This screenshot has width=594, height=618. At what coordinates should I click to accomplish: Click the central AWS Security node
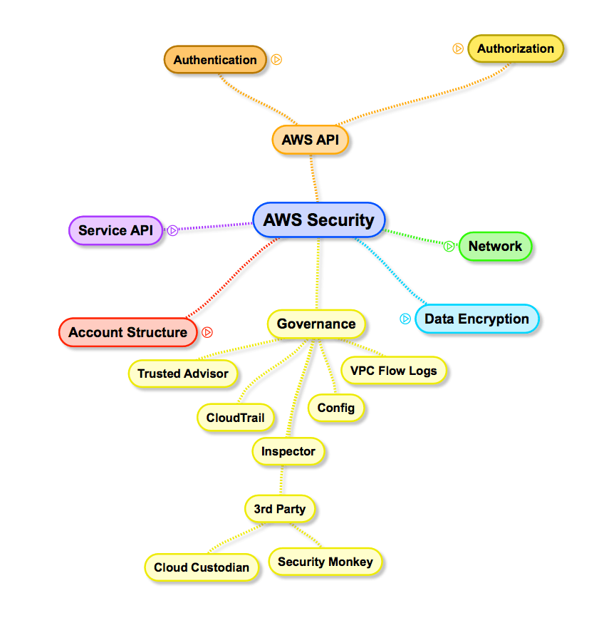tap(318, 220)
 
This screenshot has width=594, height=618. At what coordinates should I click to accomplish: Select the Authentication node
tap(215, 60)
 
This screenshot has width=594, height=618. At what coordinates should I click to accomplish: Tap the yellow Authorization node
tap(515, 48)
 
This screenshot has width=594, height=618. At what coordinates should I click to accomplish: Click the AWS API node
tap(310, 140)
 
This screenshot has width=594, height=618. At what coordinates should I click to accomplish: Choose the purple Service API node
tap(115, 230)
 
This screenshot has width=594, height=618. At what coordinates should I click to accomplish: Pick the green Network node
tap(495, 246)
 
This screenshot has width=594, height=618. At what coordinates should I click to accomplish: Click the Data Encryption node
tap(476, 319)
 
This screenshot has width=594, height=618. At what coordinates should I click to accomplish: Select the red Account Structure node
tap(127, 332)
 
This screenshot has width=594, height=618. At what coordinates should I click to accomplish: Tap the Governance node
tap(316, 324)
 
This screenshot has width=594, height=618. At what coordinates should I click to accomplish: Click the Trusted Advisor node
tap(183, 373)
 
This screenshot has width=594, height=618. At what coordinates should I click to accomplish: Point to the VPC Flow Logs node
tap(394, 370)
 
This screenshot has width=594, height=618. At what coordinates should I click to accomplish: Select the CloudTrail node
tap(235, 417)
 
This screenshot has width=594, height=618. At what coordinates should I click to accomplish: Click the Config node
tap(336, 408)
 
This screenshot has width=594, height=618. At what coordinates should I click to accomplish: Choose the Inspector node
tap(288, 451)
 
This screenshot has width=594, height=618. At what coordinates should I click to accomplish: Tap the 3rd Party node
tap(279, 509)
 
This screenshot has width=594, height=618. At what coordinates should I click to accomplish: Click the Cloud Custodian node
tap(202, 567)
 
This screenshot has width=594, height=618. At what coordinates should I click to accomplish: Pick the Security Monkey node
tap(325, 562)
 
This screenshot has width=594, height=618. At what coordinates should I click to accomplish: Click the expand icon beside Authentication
tap(277, 60)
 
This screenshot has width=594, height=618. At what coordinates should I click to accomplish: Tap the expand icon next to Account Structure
tap(207, 332)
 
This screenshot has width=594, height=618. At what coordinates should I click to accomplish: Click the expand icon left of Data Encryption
tap(405, 319)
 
